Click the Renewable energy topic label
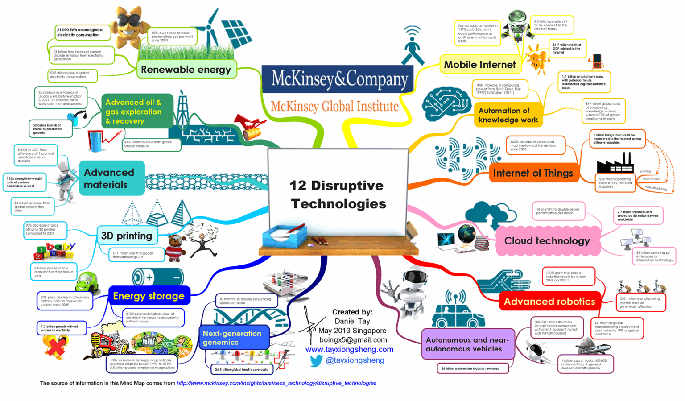pos(186,70)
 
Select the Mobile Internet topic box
pos(480,65)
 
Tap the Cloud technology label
pos(547,241)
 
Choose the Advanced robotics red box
pos(549,302)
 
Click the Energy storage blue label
pos(149,296)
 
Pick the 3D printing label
pos(127,236)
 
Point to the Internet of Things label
pos(533,173)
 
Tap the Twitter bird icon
pos(316,360)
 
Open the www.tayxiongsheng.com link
pos(349,349)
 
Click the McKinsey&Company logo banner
pos(339,79)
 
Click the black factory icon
pos(615,163)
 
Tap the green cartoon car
pos(87,282)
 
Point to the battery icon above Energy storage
pos(158,277)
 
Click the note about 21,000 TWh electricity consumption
pos(81,33)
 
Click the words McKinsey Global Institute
pos(334,107)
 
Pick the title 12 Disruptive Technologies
pos(337,194)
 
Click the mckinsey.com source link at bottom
pos(276,383)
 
